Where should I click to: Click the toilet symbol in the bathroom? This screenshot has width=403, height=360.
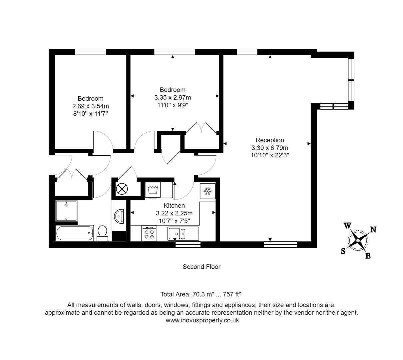point(102,233)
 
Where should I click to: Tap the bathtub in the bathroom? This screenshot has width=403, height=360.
point(75,233)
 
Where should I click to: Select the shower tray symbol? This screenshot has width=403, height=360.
point(66,211)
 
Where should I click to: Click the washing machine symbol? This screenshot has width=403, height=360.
point(153,190)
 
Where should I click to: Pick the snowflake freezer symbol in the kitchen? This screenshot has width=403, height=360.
point(208,191)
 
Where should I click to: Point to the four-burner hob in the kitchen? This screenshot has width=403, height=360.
point(149,233)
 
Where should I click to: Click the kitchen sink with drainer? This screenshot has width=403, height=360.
point(183,233)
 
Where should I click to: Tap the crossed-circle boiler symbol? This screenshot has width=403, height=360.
point(122,189)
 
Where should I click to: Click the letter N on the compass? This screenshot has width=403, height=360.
point(373,230)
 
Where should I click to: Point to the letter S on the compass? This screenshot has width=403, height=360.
point(343,252)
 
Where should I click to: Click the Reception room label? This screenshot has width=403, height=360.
point(270,140)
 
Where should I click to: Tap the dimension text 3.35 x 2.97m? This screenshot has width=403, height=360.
point(173,97)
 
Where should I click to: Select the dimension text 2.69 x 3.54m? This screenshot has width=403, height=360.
point(91,106)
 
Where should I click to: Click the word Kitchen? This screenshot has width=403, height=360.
point(174,206)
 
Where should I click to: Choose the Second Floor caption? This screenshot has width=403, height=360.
point(201,267)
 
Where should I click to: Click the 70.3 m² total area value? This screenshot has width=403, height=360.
point(201,294)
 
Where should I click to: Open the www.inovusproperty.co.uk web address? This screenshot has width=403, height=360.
point(202,320)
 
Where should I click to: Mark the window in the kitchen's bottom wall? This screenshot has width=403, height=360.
point(188,245)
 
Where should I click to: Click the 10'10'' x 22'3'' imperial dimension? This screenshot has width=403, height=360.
point(270,155)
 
